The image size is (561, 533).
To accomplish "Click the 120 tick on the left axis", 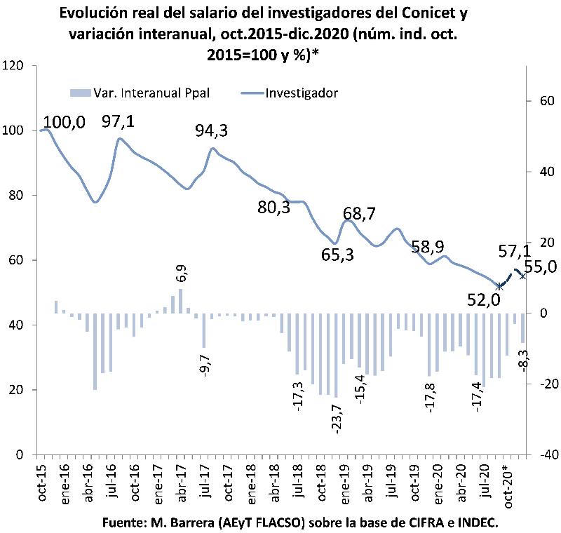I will (x=14, y=65).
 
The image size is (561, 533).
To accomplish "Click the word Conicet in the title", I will (x=417, y=13).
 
